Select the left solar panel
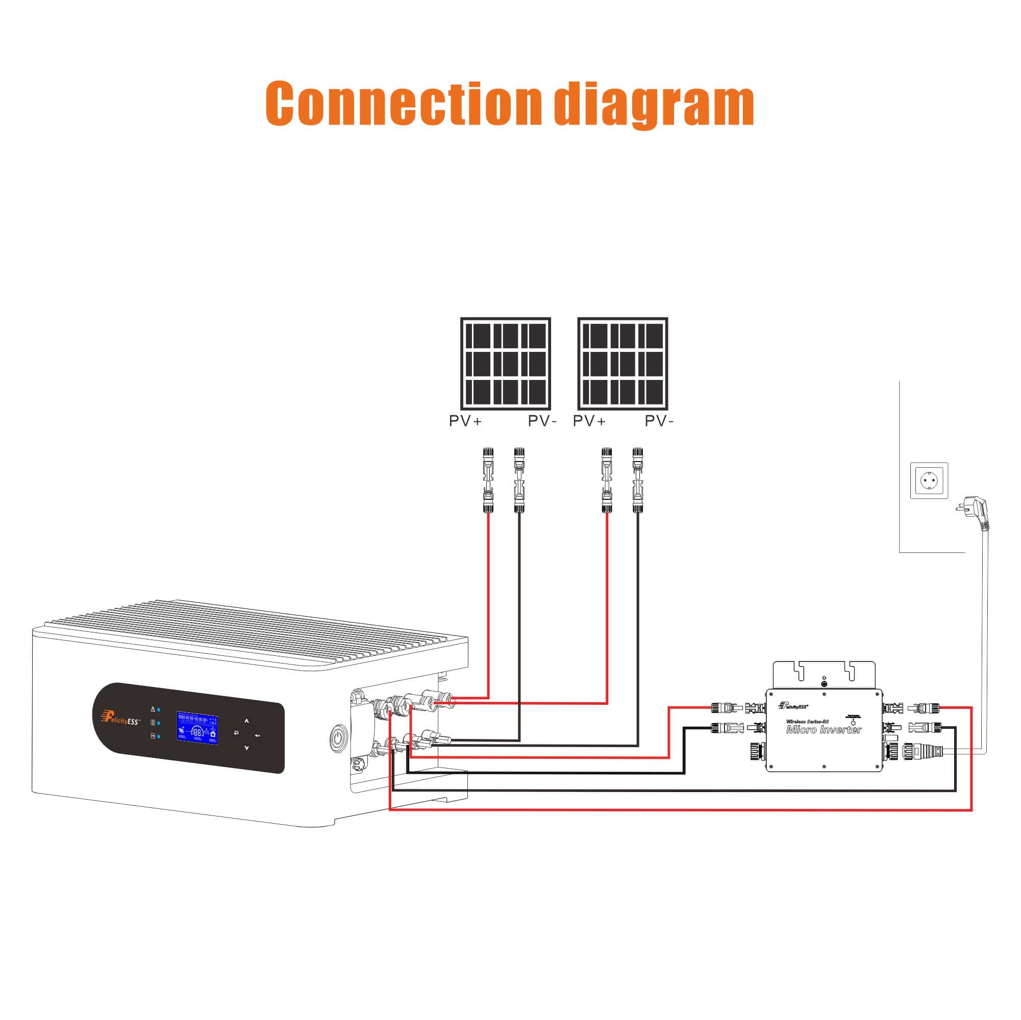[505, 364]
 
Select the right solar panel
[622, 364]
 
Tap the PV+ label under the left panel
[465, 421]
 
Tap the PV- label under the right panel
[659, 421]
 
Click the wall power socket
[929, 480]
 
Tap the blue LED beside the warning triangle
[159, 709]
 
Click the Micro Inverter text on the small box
[824, 729]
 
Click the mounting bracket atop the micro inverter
[824, 674]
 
